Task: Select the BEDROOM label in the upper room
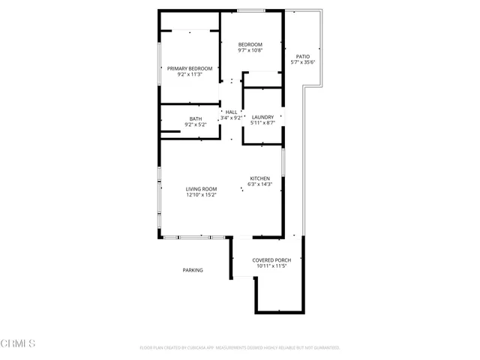250,44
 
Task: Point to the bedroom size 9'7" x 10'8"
250,50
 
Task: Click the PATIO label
302,56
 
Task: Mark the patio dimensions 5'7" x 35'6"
302,62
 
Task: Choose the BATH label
196,118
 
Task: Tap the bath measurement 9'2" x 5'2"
196,124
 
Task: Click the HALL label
231,112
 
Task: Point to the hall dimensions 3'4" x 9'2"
231,118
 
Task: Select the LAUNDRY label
262,117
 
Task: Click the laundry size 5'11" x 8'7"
262,123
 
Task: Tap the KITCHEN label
260,178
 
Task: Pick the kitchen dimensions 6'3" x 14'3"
260,184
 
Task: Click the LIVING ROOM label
202,189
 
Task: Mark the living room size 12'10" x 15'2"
202,195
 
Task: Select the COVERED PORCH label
272,259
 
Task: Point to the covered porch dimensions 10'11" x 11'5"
272,265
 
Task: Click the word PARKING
193,270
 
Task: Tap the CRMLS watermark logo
18,343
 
